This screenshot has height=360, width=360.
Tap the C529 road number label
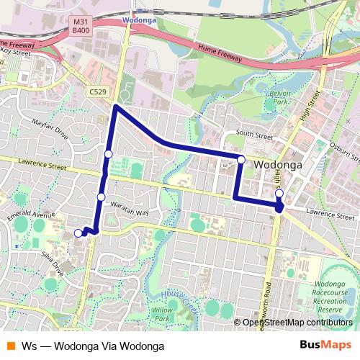[99, 92]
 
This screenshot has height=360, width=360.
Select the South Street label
[254, 135]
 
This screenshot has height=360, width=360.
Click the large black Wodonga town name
[276, 165]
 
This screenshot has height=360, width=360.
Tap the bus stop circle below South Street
[241, 159]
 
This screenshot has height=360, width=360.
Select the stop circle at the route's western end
[78, 233]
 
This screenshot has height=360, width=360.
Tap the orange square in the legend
[11, 345]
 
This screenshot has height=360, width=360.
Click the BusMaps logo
[325, 345]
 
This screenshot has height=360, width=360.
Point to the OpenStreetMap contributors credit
[297, 323]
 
